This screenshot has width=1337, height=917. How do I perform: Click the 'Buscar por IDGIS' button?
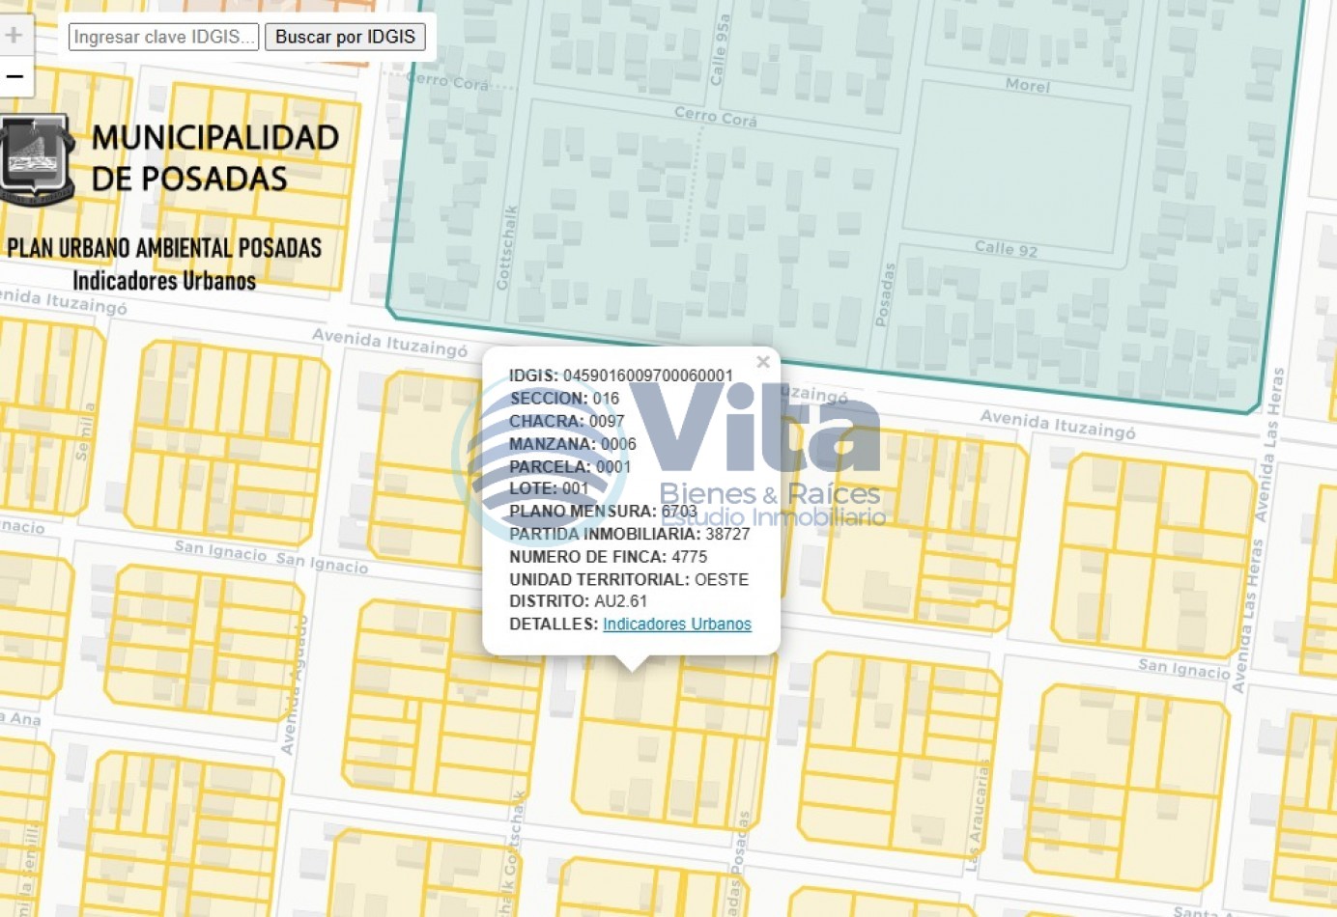(x=345, y=37)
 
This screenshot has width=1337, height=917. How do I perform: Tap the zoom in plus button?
(x=14, y=36)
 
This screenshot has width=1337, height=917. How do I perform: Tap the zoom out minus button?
(x=14, y=76)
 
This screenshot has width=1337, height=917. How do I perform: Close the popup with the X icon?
(x=763, y=362)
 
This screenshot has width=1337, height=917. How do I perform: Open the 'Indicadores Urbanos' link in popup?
(x=676, y=624)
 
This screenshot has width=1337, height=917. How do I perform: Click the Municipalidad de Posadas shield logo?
(x=37, y=159)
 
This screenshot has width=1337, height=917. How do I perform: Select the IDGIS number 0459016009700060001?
(x=647, y=375)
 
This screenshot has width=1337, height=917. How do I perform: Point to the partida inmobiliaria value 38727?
(x=727, y=534)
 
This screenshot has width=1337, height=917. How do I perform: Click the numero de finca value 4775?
(x=689, y=557)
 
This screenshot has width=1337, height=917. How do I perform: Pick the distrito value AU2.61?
(x=620, y=601)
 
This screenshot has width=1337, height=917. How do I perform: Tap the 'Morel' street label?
(x=1027, y=85)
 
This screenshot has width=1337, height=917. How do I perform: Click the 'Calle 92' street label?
(x=1006, y=248)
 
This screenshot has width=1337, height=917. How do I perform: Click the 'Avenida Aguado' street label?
(x=295, y=685)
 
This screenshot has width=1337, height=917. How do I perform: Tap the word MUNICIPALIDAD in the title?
(x=215, y=138)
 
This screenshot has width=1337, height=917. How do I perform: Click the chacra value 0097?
(x=607, y=421)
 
